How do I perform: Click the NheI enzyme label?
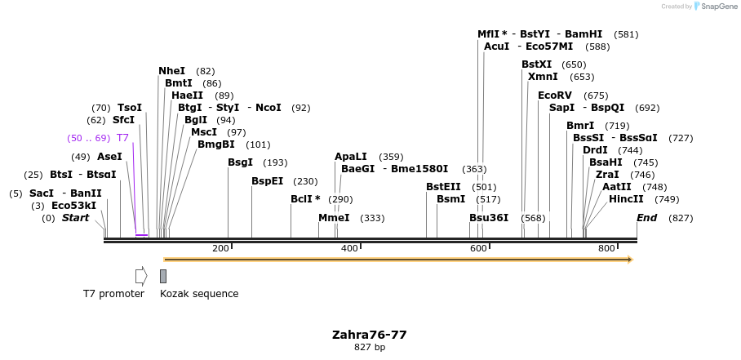pos(171,71)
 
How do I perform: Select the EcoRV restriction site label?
pos(555,96)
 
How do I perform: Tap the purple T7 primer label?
pos(122,138)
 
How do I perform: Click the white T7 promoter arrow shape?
pos(141,276)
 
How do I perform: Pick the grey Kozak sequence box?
pos(163,276)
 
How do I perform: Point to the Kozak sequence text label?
pos(199,294)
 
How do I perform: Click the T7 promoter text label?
pos(113,294)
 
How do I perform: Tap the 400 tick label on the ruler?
pos(349,248)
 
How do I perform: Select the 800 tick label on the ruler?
pos(606,248)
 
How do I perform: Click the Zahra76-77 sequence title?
pos(369,335)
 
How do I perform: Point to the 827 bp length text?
pos(370,348)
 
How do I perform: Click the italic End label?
pos(646,218)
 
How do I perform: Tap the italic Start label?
pos(75,218)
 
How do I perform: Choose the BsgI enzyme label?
pos(240,162)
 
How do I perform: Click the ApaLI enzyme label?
pos(352,157)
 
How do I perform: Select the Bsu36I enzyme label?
pos(489,218)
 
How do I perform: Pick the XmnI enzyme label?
pos(544,77)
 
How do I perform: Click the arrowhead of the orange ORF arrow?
pos(629,260)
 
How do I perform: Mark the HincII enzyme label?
pos(626,199)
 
